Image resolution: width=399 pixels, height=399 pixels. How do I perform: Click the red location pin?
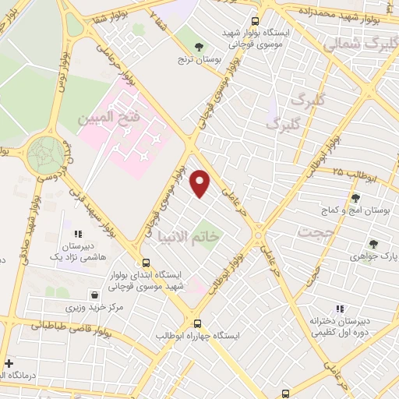tap(200, 184)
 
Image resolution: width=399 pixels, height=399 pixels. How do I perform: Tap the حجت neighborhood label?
tap(317, 232)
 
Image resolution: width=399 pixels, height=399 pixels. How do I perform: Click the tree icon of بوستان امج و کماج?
tap(355, 198)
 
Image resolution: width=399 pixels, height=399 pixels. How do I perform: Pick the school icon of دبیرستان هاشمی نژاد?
tap(77, 233)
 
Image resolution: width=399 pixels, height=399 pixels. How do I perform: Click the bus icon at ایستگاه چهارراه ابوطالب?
tap(197, 322)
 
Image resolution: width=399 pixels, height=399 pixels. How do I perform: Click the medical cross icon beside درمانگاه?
tap(9, 363)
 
